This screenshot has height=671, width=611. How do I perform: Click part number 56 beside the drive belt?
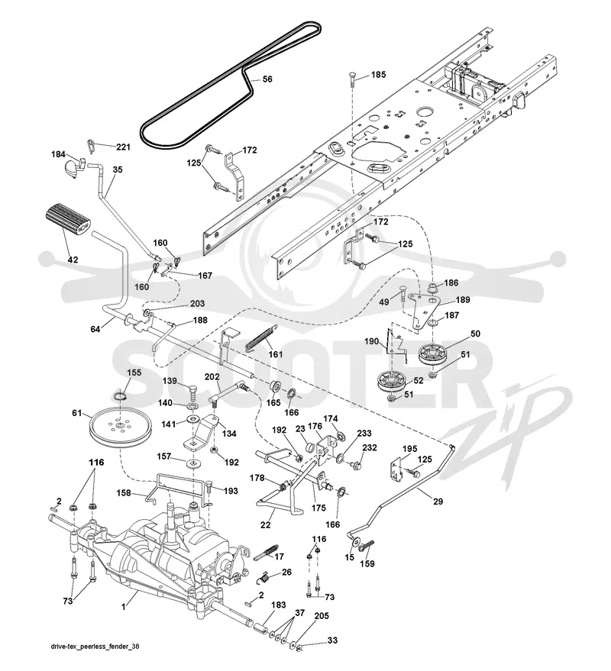coord(267,79)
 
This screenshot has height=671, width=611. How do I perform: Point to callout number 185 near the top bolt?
coord(378,75)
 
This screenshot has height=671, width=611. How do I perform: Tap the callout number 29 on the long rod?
coord(438,501)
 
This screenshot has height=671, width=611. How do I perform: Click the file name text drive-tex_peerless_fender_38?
coord(95,646)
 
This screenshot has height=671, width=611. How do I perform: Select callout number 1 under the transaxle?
coord(124,607)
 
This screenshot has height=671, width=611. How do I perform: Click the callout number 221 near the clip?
coord(123,147)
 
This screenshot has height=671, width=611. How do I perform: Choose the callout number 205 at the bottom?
coord(321,615)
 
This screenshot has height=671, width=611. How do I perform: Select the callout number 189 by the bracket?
coord(462,299)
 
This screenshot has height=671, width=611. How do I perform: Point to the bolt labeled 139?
coord(193,390)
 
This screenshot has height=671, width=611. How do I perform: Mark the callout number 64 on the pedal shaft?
coord(95,329)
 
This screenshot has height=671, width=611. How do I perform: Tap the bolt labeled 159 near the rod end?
coord(367,545)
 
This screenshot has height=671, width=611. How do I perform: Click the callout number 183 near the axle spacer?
coord(278,605)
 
